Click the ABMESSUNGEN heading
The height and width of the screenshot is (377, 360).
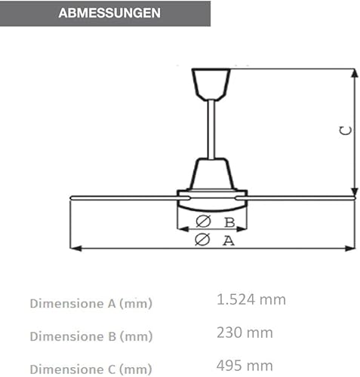tap(109, 13)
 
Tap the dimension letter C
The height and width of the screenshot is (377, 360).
tap(345, 130)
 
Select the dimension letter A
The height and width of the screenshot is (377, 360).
tap(227, 241)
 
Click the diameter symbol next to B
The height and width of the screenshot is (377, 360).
tap(203, 222)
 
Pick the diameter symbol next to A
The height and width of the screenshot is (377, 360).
tap(202, 241)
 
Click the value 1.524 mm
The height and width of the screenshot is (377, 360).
tap(251, 299)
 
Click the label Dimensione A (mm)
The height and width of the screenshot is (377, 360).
tap(91, 303)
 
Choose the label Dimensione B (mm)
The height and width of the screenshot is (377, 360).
tap(91, 336)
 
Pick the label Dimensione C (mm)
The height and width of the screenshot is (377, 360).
tap(91, 369)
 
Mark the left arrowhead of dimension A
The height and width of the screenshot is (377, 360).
tap(72, 247)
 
